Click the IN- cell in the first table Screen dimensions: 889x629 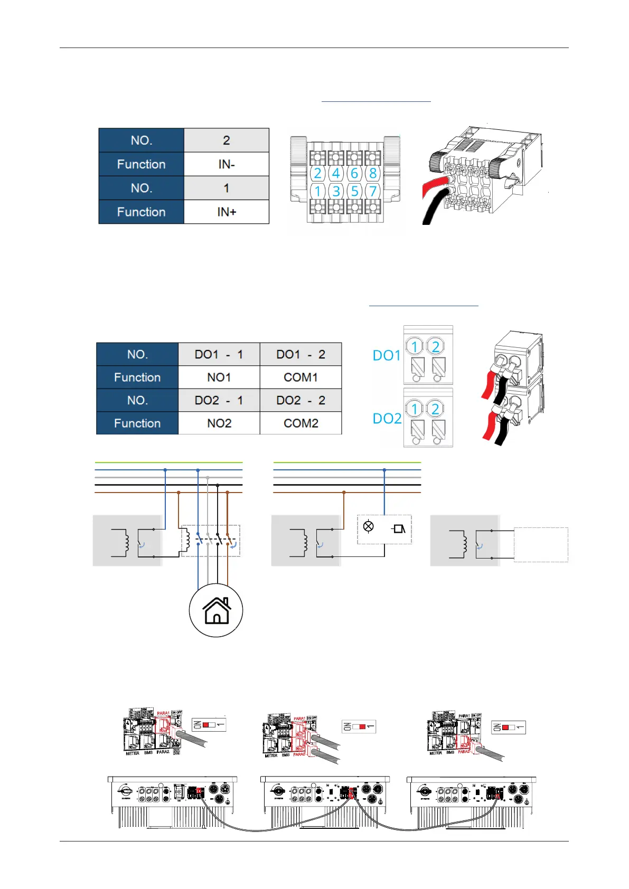(226, 164)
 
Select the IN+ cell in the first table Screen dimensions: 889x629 (226, 212)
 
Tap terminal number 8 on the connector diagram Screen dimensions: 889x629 (373, 173)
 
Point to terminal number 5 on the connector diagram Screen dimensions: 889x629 (354, 191)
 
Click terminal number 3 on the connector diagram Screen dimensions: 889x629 (336, 191)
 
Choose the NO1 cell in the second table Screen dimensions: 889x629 (219, 377)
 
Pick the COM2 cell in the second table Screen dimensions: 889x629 (301, 423)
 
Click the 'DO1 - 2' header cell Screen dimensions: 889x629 (301, 354)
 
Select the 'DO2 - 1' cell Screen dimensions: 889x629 (219, 400)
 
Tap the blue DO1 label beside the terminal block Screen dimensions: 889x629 (387, 355)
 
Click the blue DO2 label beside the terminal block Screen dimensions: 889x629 (387, 419)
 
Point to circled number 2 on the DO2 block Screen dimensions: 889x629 (435, 409)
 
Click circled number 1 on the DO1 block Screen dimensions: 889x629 (415, 347)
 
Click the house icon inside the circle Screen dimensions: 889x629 (216, 611)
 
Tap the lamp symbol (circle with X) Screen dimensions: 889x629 (369, 526)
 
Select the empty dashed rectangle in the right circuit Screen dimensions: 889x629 (541, 544)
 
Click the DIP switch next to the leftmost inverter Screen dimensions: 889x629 (209, 725)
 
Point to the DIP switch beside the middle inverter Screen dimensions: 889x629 (359, 727)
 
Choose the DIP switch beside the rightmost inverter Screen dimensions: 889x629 (508, 727)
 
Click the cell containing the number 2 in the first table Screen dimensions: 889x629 (226, 140)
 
